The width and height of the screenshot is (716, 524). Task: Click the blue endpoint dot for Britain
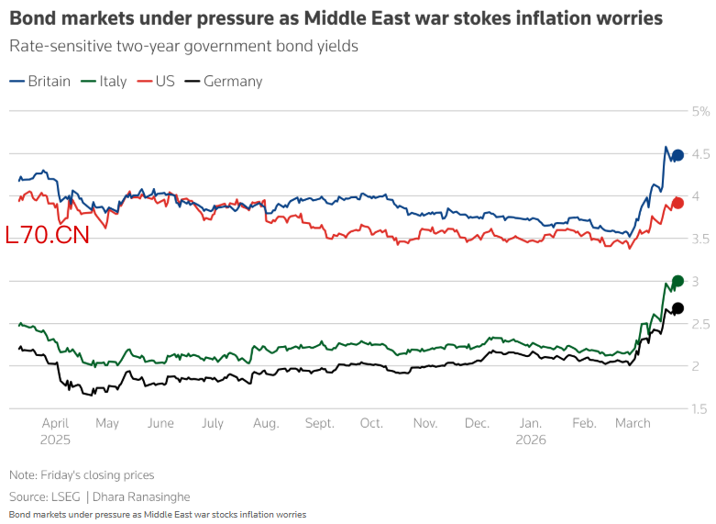pos(677,156)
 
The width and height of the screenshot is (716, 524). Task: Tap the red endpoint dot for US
pos(678,203)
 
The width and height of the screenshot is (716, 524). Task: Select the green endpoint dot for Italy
pos(678,281)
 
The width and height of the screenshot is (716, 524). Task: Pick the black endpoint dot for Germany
pos(678,308)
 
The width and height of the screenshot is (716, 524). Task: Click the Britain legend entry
pos(40,81)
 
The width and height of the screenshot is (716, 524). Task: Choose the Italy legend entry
pos(105,81)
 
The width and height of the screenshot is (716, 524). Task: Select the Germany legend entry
pos(224,81)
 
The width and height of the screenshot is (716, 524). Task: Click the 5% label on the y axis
pos(701,111)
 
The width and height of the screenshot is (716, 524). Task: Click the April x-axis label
pos(56,423)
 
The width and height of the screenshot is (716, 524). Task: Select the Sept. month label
pos(320,423)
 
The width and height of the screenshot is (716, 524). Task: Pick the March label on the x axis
pos(633,423)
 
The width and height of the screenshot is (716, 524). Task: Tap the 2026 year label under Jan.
pos(532,440)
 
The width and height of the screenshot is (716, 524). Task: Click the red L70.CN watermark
pos(47,236)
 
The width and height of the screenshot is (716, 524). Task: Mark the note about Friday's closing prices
pos(82,474)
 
